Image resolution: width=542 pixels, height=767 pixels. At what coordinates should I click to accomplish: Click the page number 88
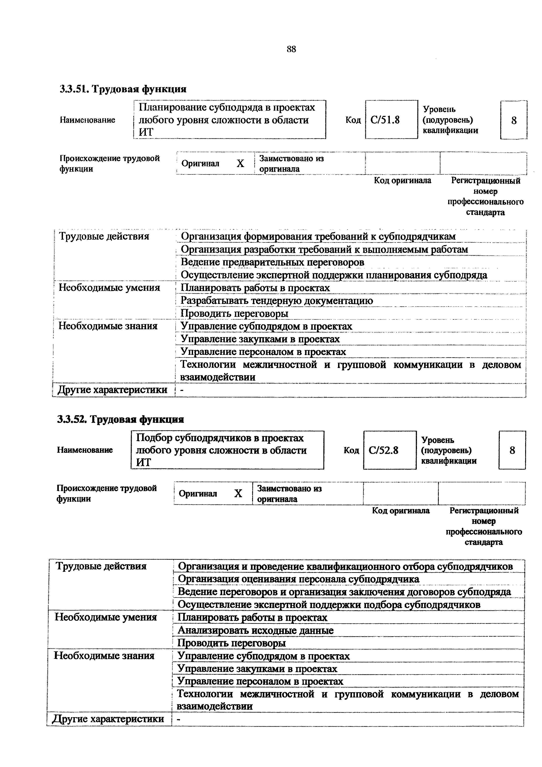point(291,49)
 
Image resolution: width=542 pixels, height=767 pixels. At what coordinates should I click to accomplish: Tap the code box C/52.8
point(389,450)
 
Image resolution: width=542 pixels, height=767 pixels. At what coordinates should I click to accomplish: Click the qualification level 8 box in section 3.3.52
point(512,450)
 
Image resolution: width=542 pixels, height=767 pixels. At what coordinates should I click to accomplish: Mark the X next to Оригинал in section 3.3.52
point(238,494)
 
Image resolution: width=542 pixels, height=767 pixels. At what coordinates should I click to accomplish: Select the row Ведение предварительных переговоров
point(272,262)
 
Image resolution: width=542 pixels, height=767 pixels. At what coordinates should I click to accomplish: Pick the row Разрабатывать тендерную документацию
point(277,301)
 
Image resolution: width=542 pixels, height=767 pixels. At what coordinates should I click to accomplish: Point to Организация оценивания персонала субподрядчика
point(299,579)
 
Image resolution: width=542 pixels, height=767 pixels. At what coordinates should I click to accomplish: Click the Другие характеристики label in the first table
point(113,390)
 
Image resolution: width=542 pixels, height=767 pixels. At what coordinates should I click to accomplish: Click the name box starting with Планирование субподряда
point(229,120)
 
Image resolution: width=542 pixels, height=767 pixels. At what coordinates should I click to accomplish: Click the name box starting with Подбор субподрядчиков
point(227,450)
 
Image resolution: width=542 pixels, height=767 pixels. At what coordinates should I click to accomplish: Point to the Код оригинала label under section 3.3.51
point(403,181)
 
